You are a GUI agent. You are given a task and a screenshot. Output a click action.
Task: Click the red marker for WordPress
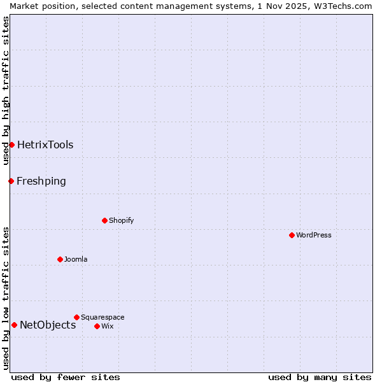coord(292,235)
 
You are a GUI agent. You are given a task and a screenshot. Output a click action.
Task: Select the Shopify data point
coord(104,220)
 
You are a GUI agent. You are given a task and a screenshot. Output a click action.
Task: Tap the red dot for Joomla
coord(60,259)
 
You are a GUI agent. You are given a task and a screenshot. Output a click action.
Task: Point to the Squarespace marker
coord(76,317)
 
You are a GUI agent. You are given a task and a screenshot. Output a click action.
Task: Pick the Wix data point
coord(97,326)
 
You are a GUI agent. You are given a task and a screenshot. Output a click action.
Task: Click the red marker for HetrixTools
coord(11,145)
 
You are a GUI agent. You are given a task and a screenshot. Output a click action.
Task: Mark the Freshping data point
coord(11,181)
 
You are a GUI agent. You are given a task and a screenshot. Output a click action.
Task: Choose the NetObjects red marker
coord(14,325)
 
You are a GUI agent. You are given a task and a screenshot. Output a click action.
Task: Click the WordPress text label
coord(314,235)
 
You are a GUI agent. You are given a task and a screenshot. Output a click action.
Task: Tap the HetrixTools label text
coord(45,145)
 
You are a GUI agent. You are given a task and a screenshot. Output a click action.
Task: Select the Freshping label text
coord(41,181)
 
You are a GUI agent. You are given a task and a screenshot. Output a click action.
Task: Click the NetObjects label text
coord(48,325)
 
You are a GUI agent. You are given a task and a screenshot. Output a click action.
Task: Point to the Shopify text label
coord(122,220)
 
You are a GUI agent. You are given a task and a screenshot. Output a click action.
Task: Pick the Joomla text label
coord(76,259)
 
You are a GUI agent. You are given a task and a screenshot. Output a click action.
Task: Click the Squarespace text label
coord(103,317)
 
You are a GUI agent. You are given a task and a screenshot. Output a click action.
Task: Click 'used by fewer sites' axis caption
coord(66,377)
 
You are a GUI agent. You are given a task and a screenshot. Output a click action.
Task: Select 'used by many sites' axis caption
coord(320,377)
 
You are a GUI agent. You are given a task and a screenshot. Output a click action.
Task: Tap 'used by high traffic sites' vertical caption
coord(6,90)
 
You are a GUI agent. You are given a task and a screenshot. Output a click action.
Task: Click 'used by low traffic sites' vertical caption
coord(6,298)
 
